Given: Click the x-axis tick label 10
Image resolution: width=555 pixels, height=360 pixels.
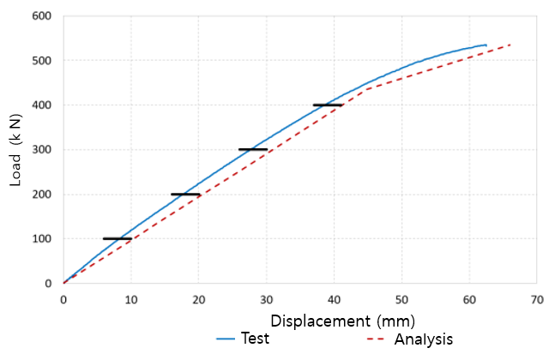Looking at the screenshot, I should tap(130, 300).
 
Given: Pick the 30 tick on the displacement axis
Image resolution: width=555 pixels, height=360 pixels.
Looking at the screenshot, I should tap(266, 300).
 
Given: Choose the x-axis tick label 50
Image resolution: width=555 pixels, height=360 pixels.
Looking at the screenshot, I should tap(401, 300).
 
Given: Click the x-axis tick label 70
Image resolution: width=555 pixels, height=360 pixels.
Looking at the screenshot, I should tap(537, 300).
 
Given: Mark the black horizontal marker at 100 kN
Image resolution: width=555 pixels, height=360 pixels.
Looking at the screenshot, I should tap(118, 238).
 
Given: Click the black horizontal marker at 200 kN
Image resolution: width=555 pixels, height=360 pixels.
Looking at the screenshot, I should tap(185, 194).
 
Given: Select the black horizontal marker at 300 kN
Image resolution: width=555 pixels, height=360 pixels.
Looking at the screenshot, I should tap(253, 149).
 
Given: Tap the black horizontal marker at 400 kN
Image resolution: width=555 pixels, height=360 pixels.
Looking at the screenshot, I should tap(328, 105).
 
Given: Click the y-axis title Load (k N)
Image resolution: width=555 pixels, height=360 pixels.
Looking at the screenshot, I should tap(17, 150).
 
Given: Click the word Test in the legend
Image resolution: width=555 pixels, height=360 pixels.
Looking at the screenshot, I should tap(255, 339).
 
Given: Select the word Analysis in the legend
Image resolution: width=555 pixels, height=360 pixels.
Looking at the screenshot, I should tap(423, 339).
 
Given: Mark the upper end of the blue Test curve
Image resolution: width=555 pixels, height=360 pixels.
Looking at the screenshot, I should tap(486, 45).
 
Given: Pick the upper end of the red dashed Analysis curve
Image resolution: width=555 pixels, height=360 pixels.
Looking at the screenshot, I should tap(510, 45).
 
